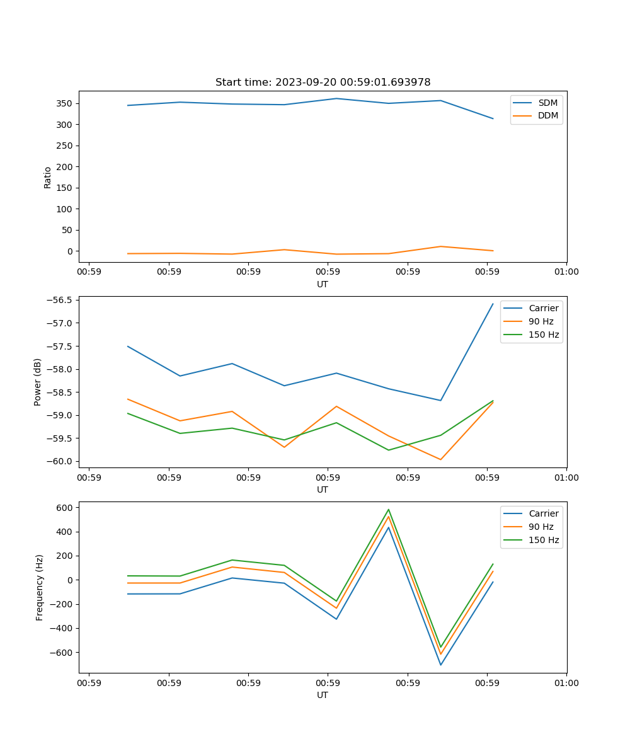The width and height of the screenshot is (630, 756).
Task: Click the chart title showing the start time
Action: click(x=323, y=83)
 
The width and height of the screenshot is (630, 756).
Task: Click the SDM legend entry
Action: click(x=547, y=103)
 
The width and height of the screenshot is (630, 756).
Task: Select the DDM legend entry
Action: click(x=547, y=116)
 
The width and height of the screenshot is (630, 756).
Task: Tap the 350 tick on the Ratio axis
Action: click(x=66, y=103)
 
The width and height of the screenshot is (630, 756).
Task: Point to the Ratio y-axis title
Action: click(x=48, y=177)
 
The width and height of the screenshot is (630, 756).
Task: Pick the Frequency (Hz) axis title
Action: click(x=39, y=587)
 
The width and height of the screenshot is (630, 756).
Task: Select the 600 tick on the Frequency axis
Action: click(x=66, y=507)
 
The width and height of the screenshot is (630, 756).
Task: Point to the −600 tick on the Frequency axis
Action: click(x=63, y=653)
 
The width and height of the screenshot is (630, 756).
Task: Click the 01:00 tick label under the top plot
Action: click(x=566, y=272)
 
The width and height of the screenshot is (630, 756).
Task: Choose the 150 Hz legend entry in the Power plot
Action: click(x=544, y=335)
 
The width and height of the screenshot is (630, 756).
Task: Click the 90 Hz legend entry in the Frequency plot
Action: click(x=541, y=527)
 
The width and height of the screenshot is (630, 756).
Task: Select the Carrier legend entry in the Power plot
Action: click(x=543, y=308)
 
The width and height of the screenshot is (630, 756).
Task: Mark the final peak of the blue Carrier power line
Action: click(x=493, y=304)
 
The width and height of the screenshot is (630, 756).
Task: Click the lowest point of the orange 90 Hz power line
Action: click(x=440, y=459)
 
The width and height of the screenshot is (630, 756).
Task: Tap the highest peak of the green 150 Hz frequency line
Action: click(x=389, y=510)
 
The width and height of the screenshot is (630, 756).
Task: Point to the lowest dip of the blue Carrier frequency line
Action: click(x=440, y=665)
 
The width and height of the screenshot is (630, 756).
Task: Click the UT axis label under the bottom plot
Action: click(x=323, y=695)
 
